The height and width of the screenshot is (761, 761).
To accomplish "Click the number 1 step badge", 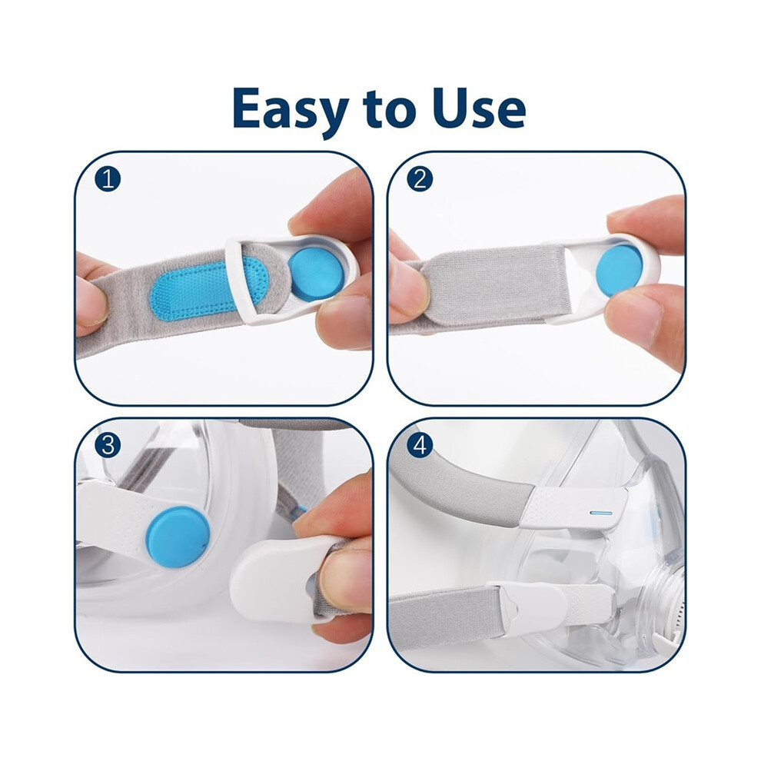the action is tap(108, 180).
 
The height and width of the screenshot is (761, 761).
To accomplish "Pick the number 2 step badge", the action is tap(420, 180).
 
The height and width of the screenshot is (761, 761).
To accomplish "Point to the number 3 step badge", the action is tap(108, 445).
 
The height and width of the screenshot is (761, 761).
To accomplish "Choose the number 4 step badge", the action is tap(420, 445).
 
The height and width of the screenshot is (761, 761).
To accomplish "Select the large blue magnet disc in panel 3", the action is tap(178, 537).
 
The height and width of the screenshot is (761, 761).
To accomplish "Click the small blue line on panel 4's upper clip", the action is tap(601, 513).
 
